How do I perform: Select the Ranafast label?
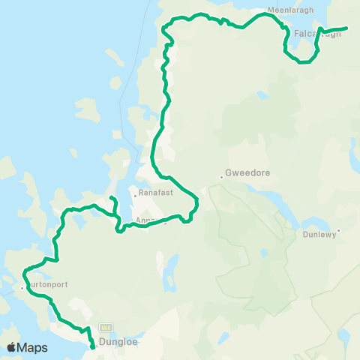149,194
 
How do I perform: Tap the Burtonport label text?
44,286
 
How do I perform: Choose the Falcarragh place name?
312,34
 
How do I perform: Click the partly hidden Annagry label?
150,220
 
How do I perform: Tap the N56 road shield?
105,328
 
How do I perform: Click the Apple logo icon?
11,347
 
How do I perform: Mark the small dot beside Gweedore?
223,176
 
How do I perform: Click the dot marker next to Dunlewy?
338,230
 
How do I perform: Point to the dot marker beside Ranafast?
133,195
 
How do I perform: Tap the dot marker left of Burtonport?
22,286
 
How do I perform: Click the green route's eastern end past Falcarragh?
346,28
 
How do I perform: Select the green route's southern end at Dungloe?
92,347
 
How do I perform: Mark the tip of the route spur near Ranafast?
110,197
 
